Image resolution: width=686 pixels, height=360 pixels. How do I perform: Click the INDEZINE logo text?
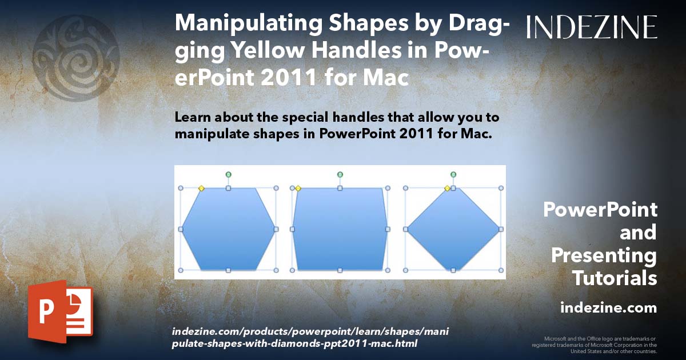(x=592, y=27)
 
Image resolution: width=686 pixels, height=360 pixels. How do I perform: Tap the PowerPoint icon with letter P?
(x=60, y=311)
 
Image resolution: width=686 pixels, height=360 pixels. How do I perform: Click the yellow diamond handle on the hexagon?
(x=201, y=188)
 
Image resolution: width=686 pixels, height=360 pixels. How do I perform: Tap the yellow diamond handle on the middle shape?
(x=298, y=188)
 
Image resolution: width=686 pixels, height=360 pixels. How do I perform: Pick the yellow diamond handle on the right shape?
(x=448, y=188)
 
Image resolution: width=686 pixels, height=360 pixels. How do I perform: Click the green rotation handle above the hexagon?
(x=228, y=174)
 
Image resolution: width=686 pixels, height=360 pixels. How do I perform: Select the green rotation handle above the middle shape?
(x=340, y=174)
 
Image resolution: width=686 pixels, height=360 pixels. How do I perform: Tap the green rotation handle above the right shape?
(x=453, y=174)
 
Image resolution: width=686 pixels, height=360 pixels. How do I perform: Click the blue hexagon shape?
(x=228, y=229)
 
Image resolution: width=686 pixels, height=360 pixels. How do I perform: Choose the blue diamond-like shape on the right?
(x=453, y=229)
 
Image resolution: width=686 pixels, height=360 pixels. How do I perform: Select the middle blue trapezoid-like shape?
(x=340, y=229)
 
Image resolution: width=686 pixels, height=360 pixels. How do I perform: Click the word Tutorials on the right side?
(x=615, y=278)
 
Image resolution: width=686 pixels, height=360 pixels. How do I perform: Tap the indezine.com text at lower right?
(x=608, y=308)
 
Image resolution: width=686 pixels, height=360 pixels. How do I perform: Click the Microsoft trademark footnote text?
(x=594, y=345)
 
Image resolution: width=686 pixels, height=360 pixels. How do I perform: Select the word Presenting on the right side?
(x=604, y=255)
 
